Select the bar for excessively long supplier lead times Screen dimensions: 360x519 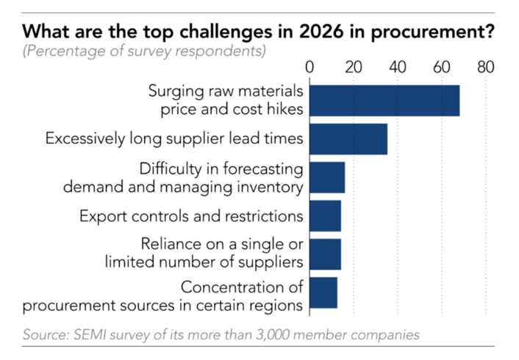pyautogui.click(x=348, y=139)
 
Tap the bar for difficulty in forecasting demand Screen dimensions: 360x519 pyautogui.click(x=327, y=177)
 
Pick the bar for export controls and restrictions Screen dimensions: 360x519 pyautogui.click(x=325, y=216)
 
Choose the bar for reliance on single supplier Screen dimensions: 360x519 pyautogui.click(x=325, y=254)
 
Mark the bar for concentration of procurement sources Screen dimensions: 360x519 pyautogui.click(x=323, y=292)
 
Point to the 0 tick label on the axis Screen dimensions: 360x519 pyautogui.click(x=309, y=68)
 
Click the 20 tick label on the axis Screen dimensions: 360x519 pyautogui.click(x=354, y=68)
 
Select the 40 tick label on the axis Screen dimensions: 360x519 pyautogui.click(x=398, y=68)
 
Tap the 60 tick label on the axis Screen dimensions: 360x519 pyautogui.click(x=441, y=68)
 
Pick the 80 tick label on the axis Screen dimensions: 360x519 pyautogui.click(x=485, y=68)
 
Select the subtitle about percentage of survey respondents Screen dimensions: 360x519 pyautogui.click(x=144, y=51)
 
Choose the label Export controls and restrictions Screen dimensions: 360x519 pyautogui.click(x=191, y=216)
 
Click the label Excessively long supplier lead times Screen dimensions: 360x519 pyautogui.click(x=175, y=138)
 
